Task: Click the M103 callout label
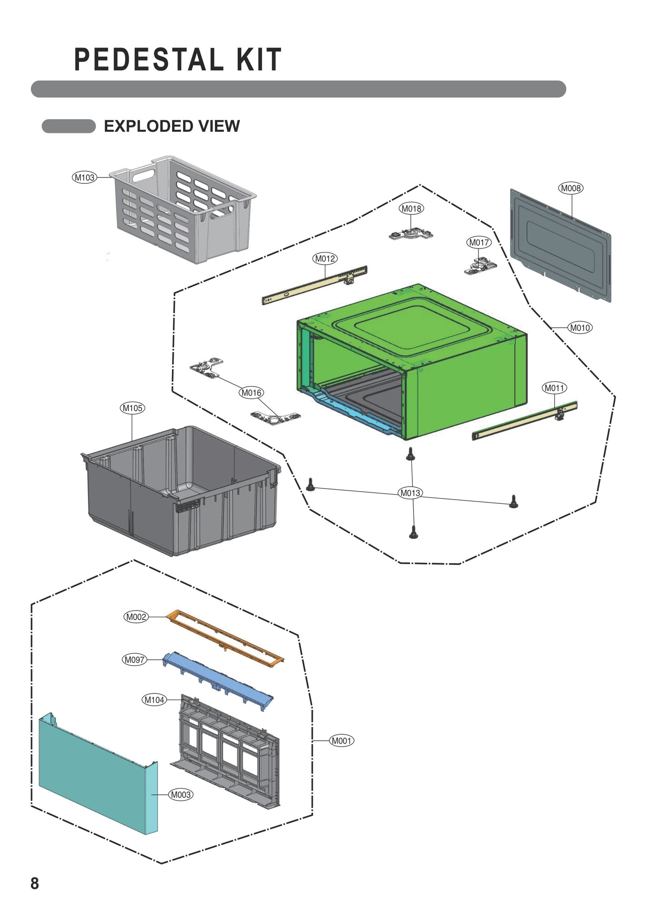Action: point(84,178)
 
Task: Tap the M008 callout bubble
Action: point(571,188)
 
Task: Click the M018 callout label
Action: point(411,209)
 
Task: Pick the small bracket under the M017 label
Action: point(480,267)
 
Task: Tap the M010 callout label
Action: point(580,328)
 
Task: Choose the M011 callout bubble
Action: point(554,388)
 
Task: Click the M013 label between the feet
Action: point(410,493)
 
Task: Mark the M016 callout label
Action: point(251,393)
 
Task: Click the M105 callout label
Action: point(132,408)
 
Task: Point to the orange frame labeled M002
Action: point(225,638)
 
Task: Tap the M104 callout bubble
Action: point(154,700)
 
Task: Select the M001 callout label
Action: point(341,741)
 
